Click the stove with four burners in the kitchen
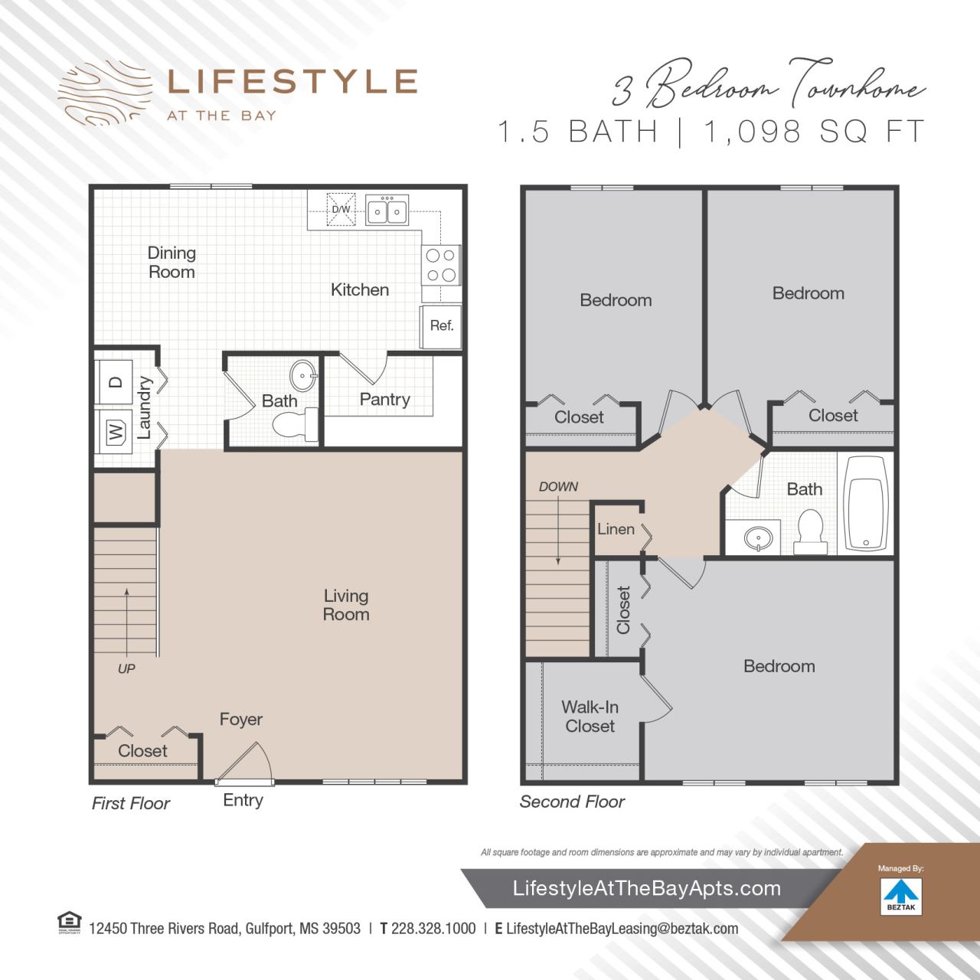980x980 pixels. click(x=441, y=265)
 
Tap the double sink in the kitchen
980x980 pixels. click(x=387, y=211)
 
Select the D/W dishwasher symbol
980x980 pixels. click(x=341, y=210)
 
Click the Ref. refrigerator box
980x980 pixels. click(x=441, y=326)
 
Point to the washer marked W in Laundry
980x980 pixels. click(x=115, y=433)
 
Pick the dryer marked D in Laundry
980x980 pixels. click(x=115, y=382)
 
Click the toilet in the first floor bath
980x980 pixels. click(x=294, y=425)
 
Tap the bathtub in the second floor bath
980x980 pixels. click(x=865, y=503)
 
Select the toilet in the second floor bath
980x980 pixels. click(x=810, y=531)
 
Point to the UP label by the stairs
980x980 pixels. click(x=126, y=668)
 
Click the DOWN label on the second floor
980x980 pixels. click(x=558, y=487)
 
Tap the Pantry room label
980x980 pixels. click(x=384, y=400)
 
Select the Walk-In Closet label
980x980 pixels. click(x=590, y=717)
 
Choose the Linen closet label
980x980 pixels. click(x=616, y=529)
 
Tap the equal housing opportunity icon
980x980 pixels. click(x=69, y=923)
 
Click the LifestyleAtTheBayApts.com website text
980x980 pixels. click(x=646, y=888)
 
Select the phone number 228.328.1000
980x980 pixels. click(x=433, y=929)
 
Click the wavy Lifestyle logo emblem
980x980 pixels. click(x=104, y=93)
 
